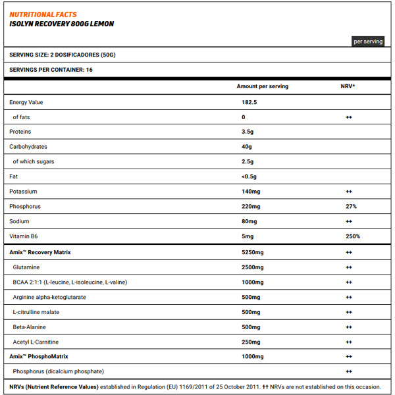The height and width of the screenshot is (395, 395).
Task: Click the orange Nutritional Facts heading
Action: [x=43, y=14]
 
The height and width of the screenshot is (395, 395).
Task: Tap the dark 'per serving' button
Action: [x=367, y=41]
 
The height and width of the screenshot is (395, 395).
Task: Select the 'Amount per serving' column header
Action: [x=262, y=86]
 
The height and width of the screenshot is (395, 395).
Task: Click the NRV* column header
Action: [x=348, y=86]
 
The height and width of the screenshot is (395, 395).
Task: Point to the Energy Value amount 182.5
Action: [x=249, y=102]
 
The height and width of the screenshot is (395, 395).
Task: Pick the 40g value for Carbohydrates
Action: [x=247, y=146]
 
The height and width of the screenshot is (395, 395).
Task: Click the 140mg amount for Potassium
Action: [x=251, y=191]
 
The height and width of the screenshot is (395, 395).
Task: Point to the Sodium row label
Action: [x=19, y=221]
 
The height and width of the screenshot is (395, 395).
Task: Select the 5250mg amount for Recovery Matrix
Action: [x=253, y=252]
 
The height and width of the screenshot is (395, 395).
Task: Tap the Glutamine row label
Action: [x=27, y=267]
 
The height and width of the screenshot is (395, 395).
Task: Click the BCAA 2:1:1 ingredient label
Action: [x=69, y=282]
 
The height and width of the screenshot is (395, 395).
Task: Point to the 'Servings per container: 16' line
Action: [x=51, y=69]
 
